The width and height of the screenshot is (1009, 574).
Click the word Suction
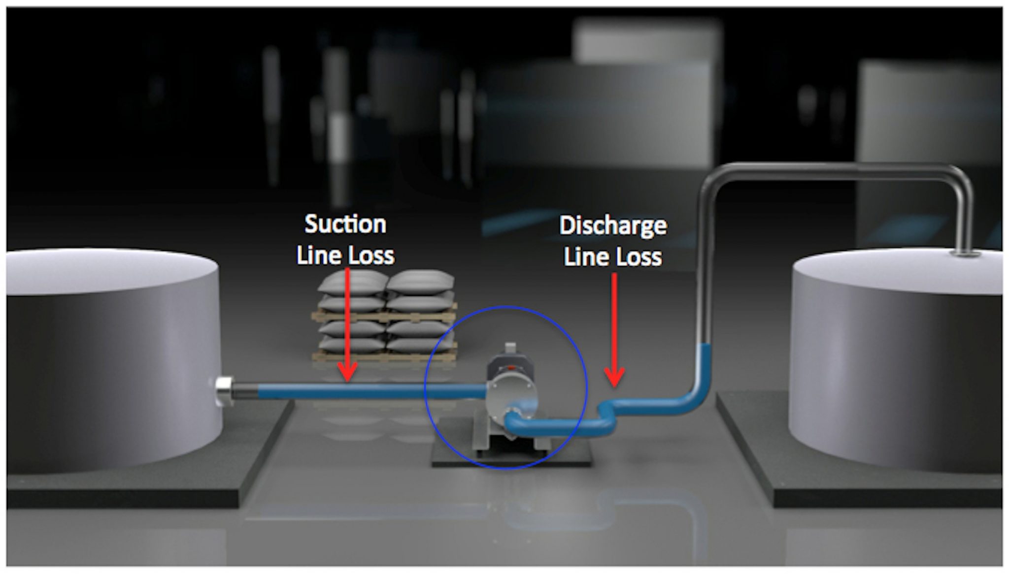tap(345, 224)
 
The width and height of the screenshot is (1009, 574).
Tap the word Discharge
tap(613, 226)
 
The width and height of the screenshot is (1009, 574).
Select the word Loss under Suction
tap(370, 255)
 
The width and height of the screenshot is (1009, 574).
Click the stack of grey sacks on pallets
tap(384, 315)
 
